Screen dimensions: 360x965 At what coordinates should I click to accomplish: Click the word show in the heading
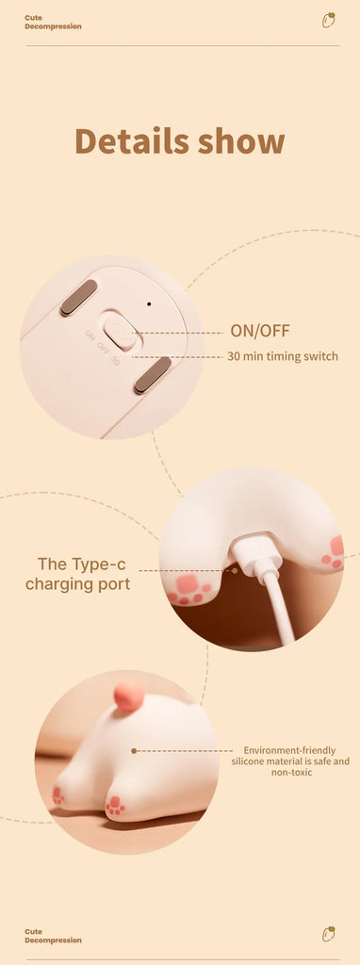coord(241,141)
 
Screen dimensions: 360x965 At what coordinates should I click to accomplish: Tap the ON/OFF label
coord(260,331)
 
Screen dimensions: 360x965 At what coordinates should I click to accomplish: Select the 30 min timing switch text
coord(283,356)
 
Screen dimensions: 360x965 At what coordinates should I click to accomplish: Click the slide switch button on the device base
coord(120,331)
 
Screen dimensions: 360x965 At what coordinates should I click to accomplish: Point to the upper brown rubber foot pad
coord(79,298)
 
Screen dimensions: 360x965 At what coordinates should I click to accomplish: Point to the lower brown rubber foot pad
coord(153,375)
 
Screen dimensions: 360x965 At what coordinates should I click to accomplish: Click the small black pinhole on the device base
coord(149,303)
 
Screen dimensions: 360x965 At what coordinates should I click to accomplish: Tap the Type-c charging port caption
coord(78,574)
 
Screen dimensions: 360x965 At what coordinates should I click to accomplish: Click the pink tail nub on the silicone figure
coord(129,696)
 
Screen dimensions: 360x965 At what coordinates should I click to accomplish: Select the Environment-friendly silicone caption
coord(290,761)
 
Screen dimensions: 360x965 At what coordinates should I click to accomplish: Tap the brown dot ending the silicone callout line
coord(134,751)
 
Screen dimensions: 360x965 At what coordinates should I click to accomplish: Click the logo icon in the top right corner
coord(329,21)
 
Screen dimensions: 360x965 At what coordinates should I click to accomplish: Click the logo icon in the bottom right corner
coord(329,934)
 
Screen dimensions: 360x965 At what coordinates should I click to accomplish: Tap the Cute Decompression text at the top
coord(53,23)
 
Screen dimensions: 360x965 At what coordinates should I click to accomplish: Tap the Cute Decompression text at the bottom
coord(53,936)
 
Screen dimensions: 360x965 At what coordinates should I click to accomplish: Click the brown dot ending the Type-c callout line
coord(235,570)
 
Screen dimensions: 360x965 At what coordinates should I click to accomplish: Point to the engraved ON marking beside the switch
coord(90,335)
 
